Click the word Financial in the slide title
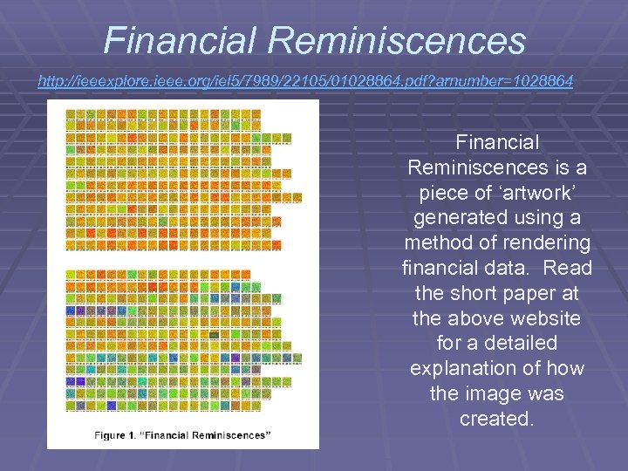click(180, 40)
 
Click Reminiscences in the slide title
click(398, 40)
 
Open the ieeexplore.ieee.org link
click(305, 81)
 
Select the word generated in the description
click(460, 217)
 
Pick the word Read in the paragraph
click(569, 268)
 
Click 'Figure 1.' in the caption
click(118, 434)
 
